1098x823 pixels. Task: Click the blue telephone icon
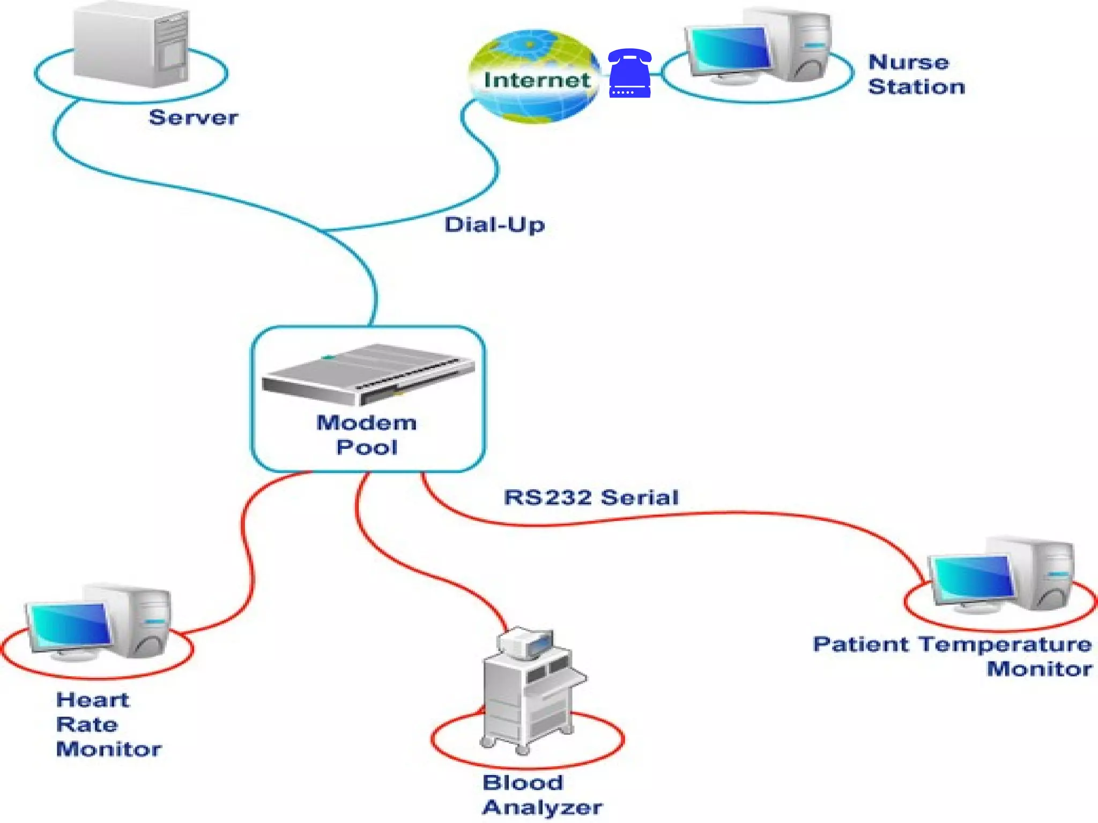click(x=630, y=73)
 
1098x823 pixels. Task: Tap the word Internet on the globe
click(x=537, y=80)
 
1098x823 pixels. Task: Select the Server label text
click(x=193, y=117)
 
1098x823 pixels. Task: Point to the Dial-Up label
click(x=494, y=225)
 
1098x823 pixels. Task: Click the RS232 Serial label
click(x=591, y=497)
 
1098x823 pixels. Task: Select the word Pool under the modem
click(x=367, y=447)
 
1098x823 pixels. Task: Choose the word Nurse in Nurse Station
click(x=908, y=62)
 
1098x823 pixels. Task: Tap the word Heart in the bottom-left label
click(x=93, y=700)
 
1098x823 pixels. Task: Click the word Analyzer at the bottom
click(x=542, y=807)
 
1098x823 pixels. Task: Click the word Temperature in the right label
click(x=1005, y=644)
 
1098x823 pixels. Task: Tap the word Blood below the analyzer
click(x=523, y=783)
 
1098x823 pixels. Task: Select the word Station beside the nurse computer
click(x=916, y=87)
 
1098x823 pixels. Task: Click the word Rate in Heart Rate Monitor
click(x=87, y=724)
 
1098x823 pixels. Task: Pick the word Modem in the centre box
click(x=366, y=423)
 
